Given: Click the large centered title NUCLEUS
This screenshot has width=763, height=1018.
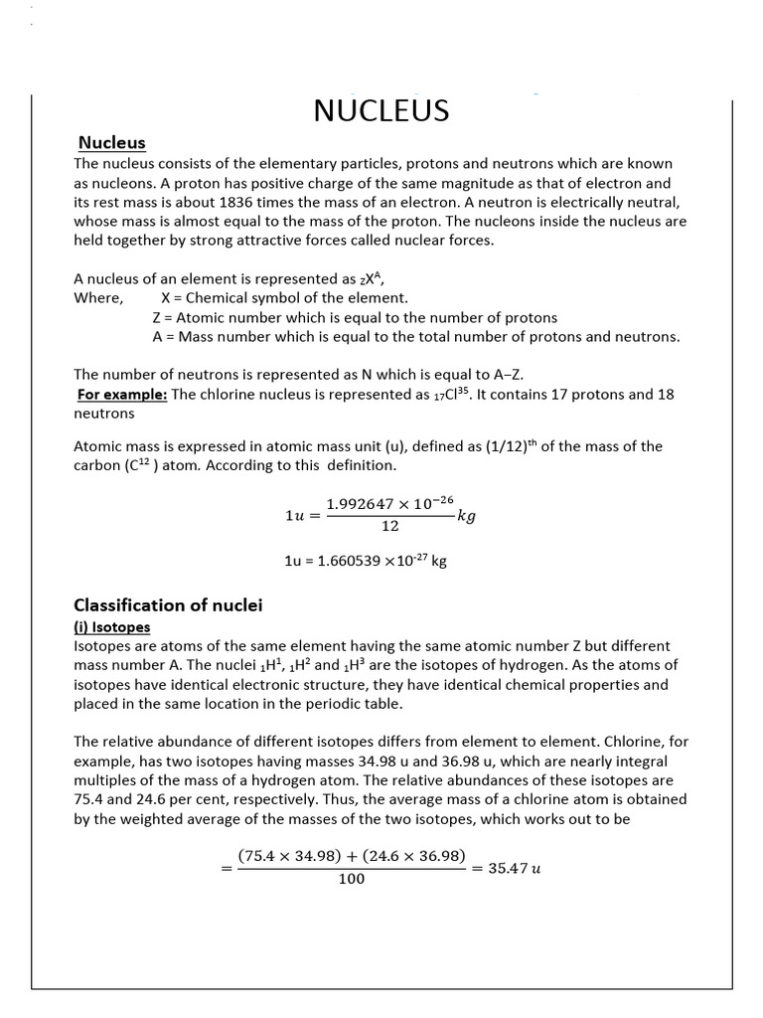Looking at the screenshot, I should [381, 110].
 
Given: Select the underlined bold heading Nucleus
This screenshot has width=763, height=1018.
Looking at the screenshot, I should [112, 143].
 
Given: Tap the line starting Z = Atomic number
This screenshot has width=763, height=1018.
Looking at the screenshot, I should [355, 317].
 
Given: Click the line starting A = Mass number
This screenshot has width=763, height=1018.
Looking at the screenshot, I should [416, 336].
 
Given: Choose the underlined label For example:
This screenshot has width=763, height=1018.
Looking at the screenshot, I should [123, 394].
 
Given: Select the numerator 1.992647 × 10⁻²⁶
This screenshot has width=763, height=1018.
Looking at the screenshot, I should [389, 504].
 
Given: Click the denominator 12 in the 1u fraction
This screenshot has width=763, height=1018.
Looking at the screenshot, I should [389, 526].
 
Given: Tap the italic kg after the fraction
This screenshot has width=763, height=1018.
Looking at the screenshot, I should [466, 516].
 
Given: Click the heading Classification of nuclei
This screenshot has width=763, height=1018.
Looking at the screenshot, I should [168, 604].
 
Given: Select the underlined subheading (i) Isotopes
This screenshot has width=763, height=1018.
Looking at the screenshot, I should [112, 626].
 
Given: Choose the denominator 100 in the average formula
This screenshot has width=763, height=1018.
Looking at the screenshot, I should [351, 879].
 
